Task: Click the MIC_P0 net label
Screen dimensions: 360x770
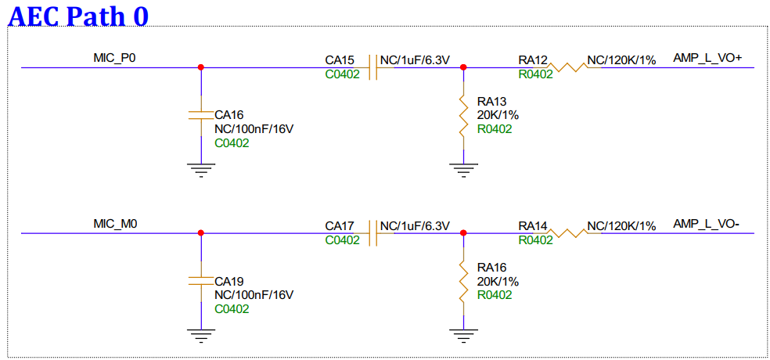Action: [115, 57]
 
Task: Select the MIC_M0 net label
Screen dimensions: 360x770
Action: [115, 225]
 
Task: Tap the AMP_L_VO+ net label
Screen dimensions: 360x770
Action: [707, 58]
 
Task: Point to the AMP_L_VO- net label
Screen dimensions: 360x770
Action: [706, 225]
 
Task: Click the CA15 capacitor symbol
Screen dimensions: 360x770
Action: [373, 67]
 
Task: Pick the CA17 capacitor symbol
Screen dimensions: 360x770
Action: [373, 232]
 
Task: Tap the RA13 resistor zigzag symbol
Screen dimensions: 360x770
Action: [464, 115]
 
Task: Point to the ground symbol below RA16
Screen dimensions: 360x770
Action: [464, 336]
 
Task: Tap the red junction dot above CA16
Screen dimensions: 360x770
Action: [201, 67]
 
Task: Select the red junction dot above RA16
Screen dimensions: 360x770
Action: [464, 232]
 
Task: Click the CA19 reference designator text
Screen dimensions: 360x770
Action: [229, 280]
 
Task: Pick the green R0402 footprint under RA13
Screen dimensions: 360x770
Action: [495, 129]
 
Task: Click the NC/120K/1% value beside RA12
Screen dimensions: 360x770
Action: [621, 59]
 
